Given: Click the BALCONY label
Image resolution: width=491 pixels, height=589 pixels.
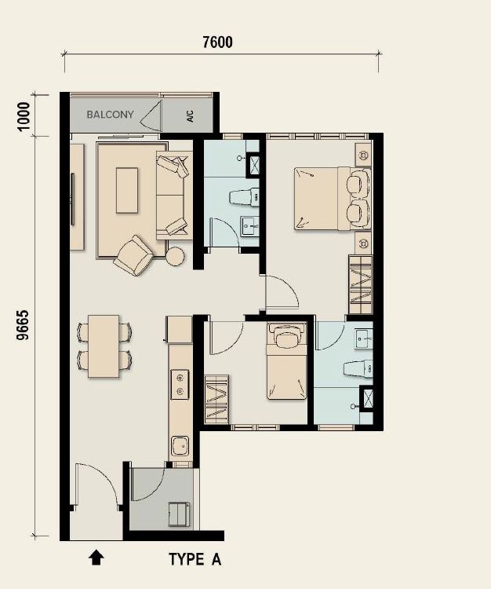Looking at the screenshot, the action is pyautogui.click(x=110, y=114).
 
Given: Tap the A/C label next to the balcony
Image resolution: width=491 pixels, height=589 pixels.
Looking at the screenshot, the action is pyautogui.click(x=190, y=116).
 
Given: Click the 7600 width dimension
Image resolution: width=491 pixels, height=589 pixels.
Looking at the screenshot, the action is pyautogui.click(x=217, y=42).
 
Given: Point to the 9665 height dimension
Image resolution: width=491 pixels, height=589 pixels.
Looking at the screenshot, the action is pyautogui.click(x=23, y=325).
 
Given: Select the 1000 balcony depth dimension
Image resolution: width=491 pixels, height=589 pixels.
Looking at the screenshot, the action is pyautogui.click(x=24, y=116).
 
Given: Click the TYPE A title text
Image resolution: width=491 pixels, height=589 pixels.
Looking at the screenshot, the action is pyautogui.click(x=195, y=559).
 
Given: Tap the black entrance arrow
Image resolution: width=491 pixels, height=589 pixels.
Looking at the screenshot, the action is pyautogui.click(x=96, y=558).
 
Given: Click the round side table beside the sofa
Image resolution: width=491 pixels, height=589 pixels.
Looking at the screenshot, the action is pyautogui.click(x=175, y=256).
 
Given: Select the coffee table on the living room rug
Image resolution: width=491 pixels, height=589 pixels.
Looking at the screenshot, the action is pyautogui.click(x=127, y=191).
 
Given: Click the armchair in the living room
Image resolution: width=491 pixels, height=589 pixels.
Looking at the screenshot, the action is pyautogui.click(x=133, y=255).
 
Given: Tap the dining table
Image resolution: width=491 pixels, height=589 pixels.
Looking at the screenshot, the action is pyautogui.click(x=104, y=346).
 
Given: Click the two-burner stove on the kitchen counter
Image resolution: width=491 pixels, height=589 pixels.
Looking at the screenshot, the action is pyautogui.click(x=180, y=384).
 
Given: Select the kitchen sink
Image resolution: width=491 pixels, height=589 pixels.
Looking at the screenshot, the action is pyautogui.click(x=180, y=445).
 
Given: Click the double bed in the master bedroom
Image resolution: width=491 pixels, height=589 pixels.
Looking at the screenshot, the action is pyautogui.click(x=333, y=199).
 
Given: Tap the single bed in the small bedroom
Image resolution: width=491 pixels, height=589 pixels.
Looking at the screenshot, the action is pyautogui.click(x=286, y=360).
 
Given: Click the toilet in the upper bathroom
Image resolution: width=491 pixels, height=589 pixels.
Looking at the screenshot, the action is pyautogui.click(x=244, y=197).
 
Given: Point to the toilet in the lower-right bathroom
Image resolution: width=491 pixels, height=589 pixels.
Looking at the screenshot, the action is pyautogui.click(x=358, y=368).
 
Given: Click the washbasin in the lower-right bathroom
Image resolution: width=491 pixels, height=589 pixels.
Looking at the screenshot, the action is pyautogui.click(x=363, y=339).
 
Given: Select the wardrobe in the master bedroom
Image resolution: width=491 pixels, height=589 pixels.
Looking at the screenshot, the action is pyautogui.click(x=361, y=284).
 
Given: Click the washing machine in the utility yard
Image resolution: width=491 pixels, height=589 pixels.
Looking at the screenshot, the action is pyautogui.click(x=179, y=514).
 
